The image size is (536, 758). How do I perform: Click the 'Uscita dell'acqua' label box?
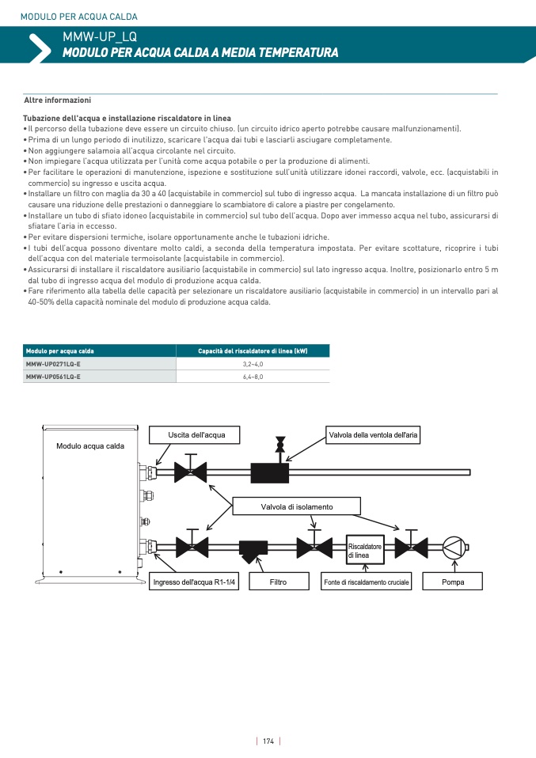click(x=196, y=434)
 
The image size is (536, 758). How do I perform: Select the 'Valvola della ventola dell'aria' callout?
click(x=374, y=434)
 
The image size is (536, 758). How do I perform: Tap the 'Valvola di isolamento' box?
click(x=296, y=506)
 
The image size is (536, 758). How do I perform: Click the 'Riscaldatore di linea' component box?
click(x=365, y=551)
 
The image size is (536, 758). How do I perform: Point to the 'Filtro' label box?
click(x=278, y=582)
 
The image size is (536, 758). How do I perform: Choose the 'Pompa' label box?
click(x=453, y=582)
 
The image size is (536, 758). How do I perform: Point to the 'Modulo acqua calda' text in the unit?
click(x=90, y=447)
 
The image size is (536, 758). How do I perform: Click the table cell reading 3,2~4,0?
click(x=253, y=364)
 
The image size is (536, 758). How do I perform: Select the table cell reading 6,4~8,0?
click(x=253, y=377)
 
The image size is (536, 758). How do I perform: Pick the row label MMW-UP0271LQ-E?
click(x=53, y=364)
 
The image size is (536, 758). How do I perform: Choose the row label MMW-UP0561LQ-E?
click(x=53, y=377)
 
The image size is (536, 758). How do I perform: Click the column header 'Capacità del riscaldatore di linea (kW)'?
click(x=253, y=351)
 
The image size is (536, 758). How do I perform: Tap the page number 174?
click(x=268, y=741)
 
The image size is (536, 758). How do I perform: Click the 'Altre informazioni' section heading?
click(x=57, y=100)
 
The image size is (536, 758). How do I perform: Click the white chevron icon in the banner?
click(x=38, y=47)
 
